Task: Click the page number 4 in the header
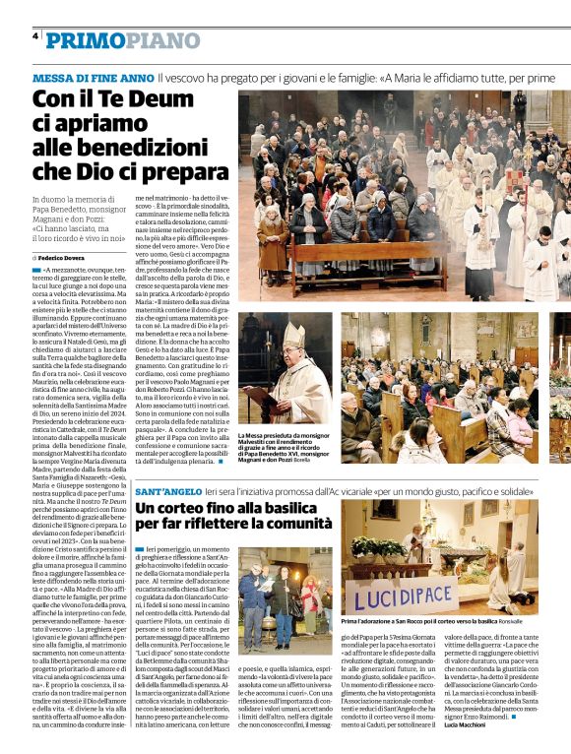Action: (x=36, y=36)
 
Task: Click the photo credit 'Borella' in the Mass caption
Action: (x=299, y=460)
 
